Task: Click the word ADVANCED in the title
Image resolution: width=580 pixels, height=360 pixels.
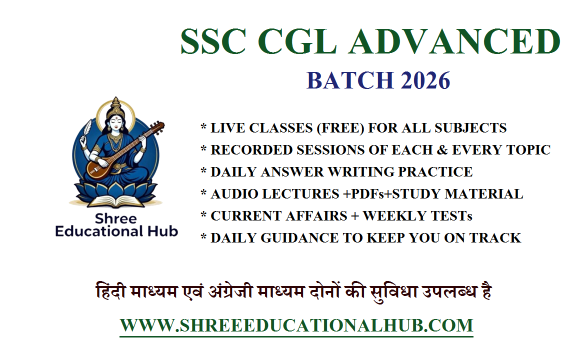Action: (x=454, y=41)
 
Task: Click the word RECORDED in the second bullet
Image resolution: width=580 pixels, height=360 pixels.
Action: (x=250, y=150)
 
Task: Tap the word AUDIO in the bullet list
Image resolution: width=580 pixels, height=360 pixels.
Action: (x=232, y=194)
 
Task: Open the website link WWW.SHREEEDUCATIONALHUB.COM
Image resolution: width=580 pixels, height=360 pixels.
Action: (x=296, y=325)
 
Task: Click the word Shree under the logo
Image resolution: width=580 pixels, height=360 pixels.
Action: (x=116, y=219)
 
